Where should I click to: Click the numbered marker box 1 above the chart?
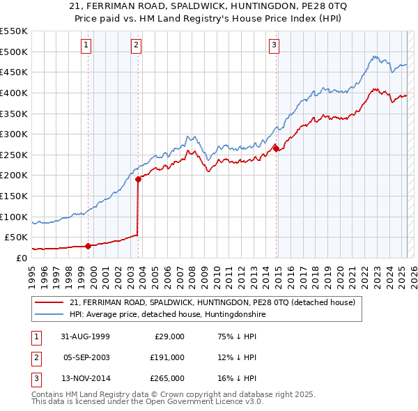pos(86,45)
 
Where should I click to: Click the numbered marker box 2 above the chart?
pos(135,45)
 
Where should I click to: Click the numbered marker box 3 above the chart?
pos(274,45)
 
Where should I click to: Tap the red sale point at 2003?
pos(138,179)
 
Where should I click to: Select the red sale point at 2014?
pos(276,148)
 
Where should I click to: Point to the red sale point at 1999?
pos(88,245)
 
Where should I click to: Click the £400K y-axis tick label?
pos(13,93)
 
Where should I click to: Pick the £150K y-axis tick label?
pos(13,196)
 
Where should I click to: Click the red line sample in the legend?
pos(50,302)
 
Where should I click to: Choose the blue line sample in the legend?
pos(50,314)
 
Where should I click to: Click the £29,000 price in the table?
pos(169,336)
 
